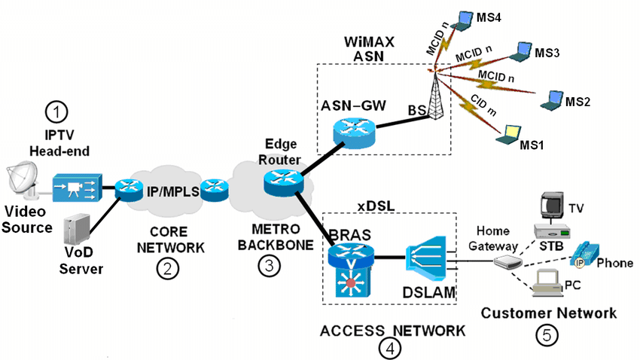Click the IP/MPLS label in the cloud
point(171,191)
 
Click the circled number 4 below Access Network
point(390,347)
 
